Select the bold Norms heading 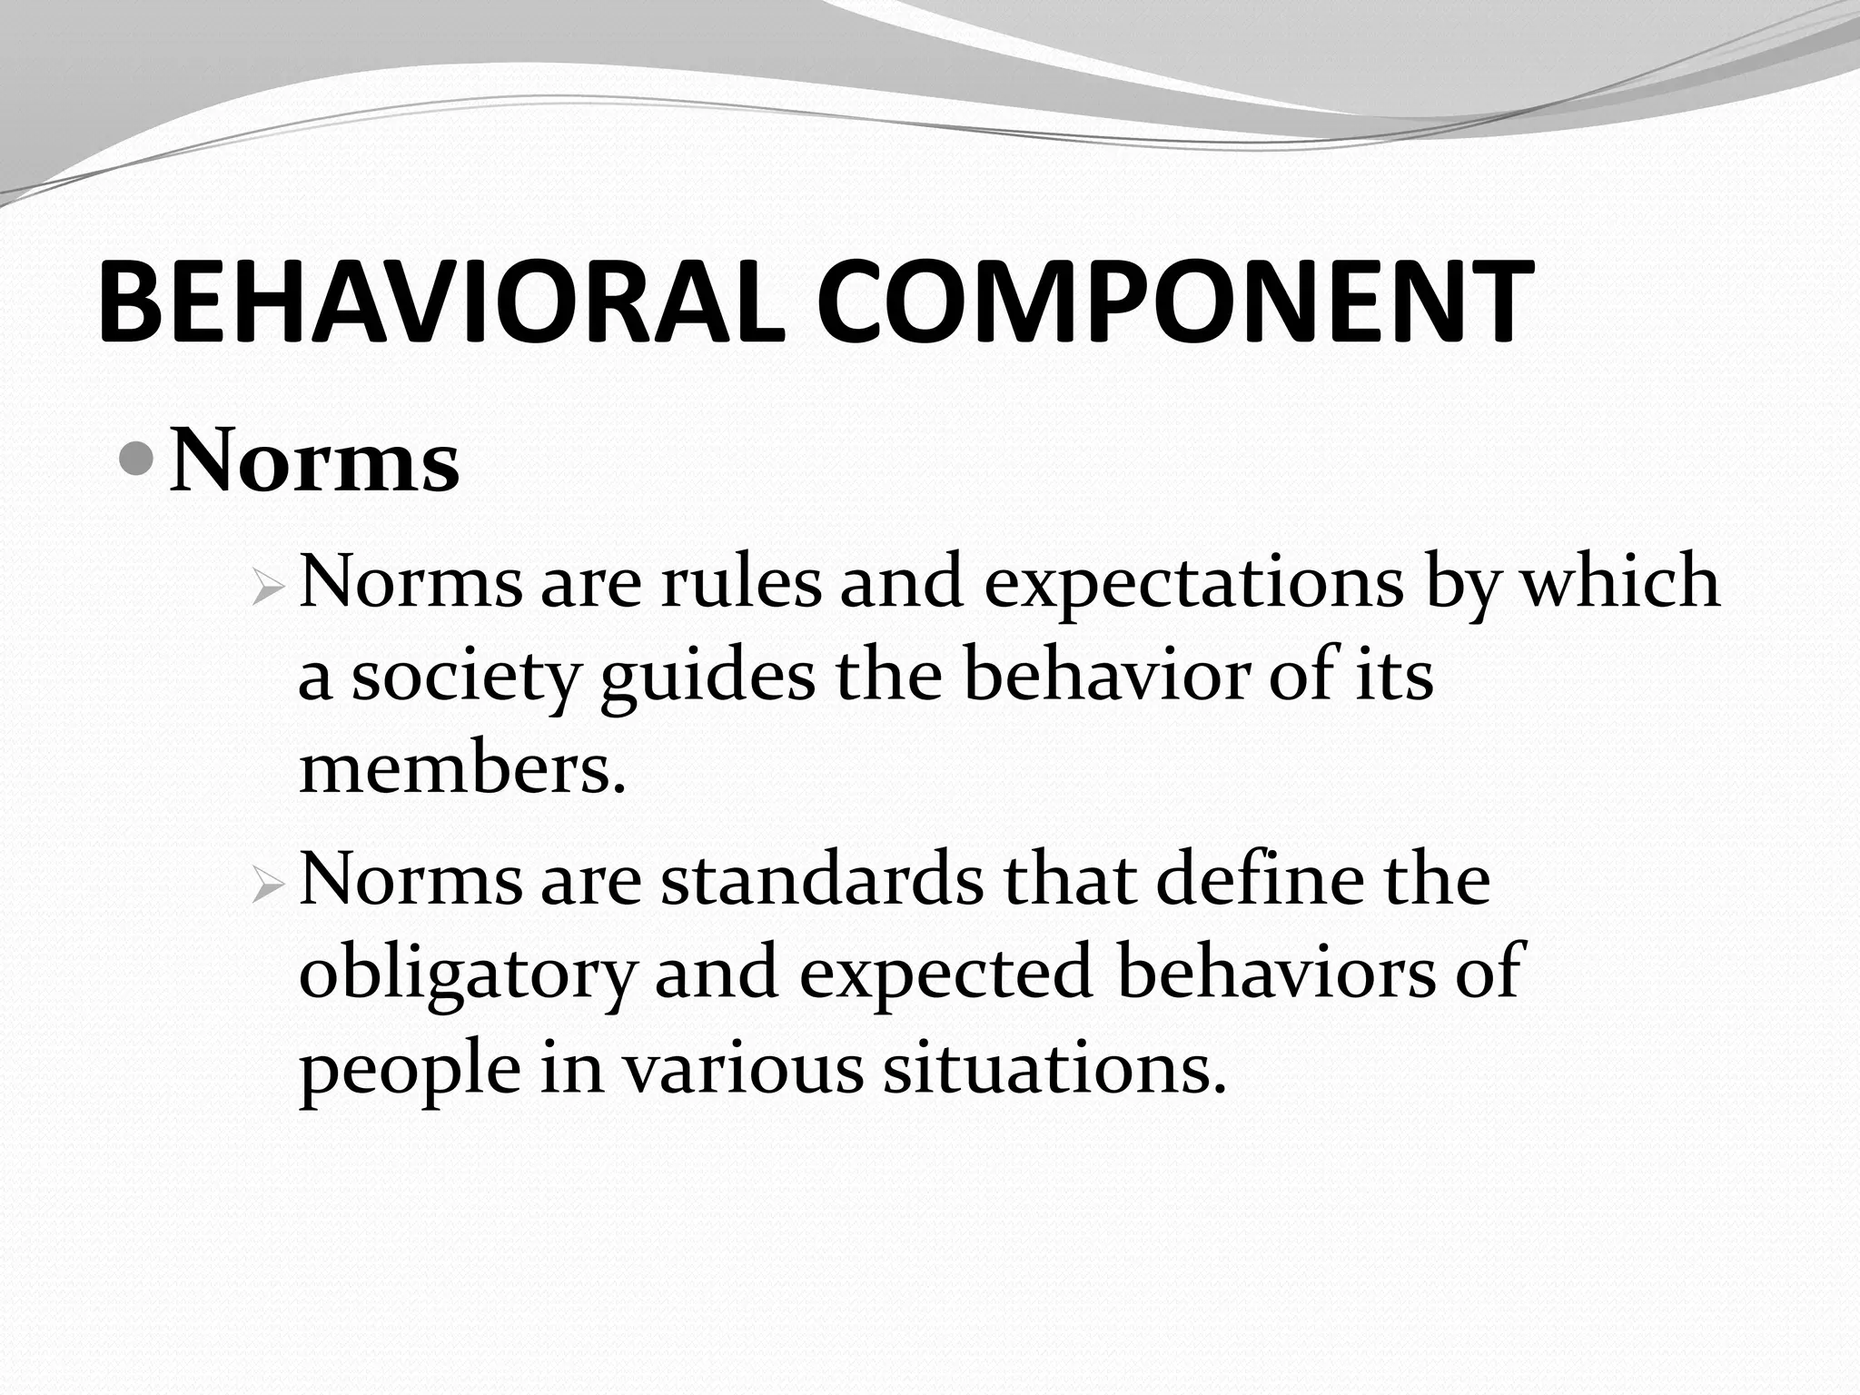click(314, 462)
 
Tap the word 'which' click(1620, 581)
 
